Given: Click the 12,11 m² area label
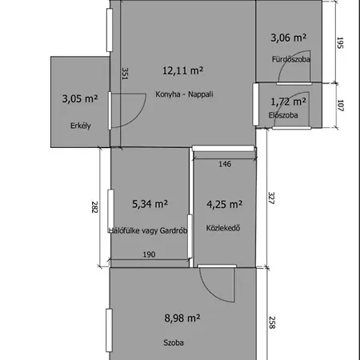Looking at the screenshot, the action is click(182, 70).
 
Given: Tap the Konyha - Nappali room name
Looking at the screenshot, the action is click(184, 94).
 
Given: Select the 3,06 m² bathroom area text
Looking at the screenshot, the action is click(289, 38).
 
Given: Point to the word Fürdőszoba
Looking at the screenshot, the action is click(291, 59).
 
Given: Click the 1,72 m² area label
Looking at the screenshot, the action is click(288, 102).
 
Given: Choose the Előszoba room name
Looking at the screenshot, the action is click(283, 115).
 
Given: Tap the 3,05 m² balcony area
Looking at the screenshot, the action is click(80, 98).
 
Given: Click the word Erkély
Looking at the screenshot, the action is click(81, 126).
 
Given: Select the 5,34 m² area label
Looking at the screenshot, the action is click(150, 204).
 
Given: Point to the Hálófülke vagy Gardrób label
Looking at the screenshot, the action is click(148, 230).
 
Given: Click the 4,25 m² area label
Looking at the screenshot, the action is click(225, 205).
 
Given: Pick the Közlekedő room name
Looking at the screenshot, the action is click(223, 228).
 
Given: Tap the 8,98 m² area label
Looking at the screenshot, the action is click(182, 318).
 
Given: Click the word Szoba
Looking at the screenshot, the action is click(174, 342).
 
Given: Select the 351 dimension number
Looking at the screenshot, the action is click(125, 74).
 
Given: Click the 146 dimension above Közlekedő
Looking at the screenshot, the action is click(225, 164).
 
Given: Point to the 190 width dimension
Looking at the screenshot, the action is click(149, 254).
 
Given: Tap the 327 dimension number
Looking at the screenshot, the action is click(271, 198).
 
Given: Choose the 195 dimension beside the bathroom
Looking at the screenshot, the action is click(340, 43).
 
